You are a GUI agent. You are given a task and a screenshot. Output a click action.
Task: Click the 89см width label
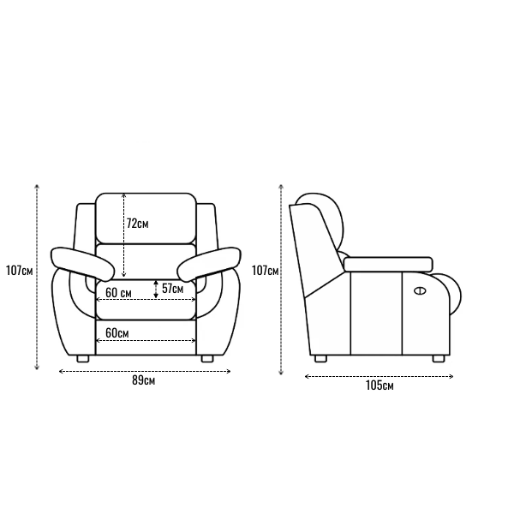144,380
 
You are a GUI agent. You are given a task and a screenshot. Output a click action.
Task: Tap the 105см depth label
380,385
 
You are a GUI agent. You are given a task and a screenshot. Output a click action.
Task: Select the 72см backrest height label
137,224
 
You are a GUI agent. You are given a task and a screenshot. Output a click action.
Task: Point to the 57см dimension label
172,289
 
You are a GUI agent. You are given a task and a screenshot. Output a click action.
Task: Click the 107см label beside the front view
20,271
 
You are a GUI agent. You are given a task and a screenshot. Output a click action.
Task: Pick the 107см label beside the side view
266,271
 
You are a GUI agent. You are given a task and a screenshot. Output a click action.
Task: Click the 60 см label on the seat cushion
118,293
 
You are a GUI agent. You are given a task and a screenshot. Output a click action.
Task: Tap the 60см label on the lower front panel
117,333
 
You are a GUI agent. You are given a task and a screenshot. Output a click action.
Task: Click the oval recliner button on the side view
420,290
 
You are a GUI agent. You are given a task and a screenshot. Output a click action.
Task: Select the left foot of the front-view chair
83,359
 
